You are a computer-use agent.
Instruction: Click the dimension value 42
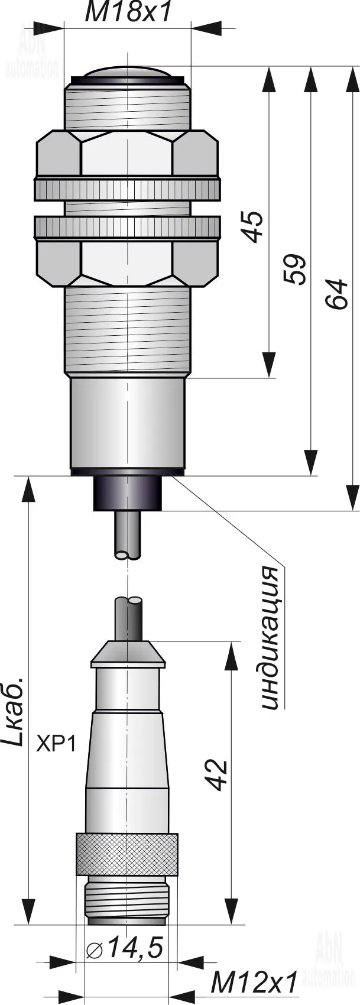tap(216, 774)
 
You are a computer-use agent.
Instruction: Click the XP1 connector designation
tap(56, 744)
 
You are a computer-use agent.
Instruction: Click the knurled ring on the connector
tap(127, 854)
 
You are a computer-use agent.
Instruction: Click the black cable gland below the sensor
tap(127, 493)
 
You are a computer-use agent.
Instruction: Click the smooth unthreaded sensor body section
tap(127, 422)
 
